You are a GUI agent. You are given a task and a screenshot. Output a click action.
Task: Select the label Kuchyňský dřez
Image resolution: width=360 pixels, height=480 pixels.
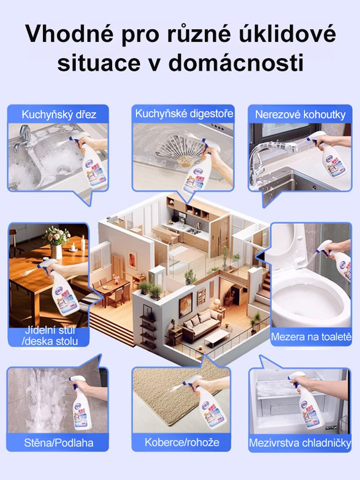click(59, 114)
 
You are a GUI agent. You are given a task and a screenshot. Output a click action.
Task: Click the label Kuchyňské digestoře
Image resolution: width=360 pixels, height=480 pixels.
click(184, 114)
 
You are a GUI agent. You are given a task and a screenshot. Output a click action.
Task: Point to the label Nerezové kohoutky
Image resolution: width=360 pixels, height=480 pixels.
click(300, 114)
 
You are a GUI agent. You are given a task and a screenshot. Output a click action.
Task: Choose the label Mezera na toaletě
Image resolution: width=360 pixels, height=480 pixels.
click(311, 336)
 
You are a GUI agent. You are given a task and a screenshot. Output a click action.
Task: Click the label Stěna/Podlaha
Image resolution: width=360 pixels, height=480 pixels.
click(59, 442)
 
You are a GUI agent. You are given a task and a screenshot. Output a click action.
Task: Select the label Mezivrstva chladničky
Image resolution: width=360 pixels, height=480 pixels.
click(300, 443)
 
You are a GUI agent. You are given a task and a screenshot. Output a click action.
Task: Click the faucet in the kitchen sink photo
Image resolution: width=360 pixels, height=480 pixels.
click(22, 137)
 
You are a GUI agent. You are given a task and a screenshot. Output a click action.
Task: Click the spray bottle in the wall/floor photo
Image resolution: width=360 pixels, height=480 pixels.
click(82, 403)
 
